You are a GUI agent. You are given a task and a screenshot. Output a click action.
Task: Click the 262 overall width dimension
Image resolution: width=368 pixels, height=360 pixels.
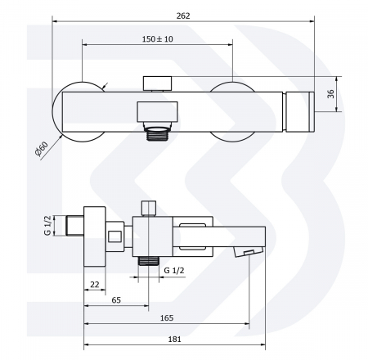183,16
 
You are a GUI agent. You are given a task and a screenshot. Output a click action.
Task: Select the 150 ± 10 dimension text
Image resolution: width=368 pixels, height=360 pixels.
157,39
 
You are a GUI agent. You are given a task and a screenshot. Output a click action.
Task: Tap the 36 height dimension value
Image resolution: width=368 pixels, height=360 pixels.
330,94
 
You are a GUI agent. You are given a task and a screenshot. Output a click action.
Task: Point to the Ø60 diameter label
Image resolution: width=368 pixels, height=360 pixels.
42,149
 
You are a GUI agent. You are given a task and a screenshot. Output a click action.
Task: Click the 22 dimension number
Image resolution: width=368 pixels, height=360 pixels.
94,285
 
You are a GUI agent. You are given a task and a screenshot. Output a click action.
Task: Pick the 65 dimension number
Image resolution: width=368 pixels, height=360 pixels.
116,300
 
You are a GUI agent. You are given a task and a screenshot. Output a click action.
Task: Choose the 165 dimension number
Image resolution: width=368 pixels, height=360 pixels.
167,317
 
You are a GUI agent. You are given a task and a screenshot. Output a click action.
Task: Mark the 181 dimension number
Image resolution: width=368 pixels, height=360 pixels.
174,339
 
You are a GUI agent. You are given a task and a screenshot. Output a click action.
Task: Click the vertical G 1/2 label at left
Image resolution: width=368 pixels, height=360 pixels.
47,225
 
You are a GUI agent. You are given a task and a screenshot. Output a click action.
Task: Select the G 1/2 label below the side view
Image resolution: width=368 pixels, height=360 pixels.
174,270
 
